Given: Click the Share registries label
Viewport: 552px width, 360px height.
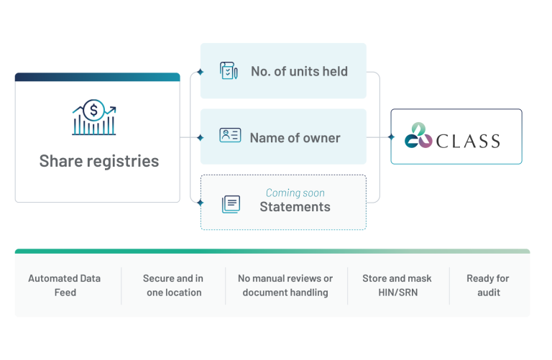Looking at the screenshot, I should point(99,161).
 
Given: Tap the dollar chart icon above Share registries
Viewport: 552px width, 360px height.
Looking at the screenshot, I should point(94,118).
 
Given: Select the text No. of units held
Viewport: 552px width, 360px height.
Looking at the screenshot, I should point(299,71).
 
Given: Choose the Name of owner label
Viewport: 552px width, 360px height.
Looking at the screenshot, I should point(295,137).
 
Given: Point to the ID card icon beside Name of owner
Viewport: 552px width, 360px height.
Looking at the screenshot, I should point(230,135).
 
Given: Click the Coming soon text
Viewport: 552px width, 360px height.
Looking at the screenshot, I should point(295,193).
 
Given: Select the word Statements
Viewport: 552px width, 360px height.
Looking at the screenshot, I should point(295,207).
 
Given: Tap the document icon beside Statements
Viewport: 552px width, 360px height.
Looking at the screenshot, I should point(231,204).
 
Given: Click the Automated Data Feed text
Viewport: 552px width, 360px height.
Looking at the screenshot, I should point(64,285).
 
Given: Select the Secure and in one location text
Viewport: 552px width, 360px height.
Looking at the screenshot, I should point(173,285).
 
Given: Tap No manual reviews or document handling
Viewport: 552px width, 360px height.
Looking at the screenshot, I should point(285,285).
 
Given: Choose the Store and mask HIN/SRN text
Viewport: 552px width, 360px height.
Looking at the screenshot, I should point(397,285).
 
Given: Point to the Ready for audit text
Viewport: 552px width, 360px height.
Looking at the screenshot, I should point(488,285).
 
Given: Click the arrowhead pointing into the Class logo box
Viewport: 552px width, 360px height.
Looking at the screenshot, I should point(389,137).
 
